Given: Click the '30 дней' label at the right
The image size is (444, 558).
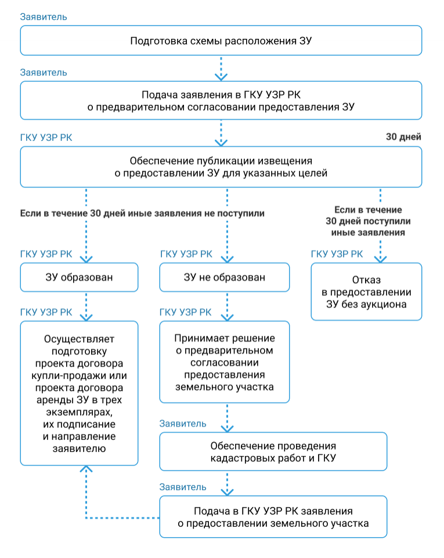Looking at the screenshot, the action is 403,137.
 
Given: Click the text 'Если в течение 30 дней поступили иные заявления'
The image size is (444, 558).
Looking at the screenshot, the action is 368,221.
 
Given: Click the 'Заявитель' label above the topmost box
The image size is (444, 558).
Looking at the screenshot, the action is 44,17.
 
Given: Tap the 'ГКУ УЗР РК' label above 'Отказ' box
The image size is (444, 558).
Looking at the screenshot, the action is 337,253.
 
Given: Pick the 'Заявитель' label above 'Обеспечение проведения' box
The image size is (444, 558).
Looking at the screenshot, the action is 183,423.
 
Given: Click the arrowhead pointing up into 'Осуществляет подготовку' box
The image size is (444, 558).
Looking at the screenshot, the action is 86,469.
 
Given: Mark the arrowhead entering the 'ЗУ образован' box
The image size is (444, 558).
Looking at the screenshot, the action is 86,259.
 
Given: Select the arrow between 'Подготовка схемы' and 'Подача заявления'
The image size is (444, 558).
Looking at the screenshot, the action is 221,68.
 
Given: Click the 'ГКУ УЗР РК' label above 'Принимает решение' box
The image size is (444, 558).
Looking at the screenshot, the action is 185,312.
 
